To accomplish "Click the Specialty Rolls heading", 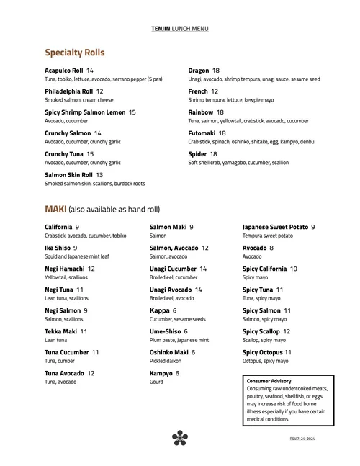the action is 75,53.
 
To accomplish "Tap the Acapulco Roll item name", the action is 64,71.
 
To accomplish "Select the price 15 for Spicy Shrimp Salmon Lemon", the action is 132,112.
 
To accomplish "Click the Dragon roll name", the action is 199,71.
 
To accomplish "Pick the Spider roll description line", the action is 238,163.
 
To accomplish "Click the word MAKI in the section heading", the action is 55,209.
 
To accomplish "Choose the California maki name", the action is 58,228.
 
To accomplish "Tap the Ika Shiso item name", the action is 57,248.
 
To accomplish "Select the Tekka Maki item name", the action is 60,331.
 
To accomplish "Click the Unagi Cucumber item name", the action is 173,269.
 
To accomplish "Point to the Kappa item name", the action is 159,310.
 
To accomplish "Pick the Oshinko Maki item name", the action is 168,352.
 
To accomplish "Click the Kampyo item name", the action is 161,373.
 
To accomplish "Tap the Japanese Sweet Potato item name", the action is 275,228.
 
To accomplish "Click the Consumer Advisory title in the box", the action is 269,380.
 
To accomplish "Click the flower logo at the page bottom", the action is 180,437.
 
